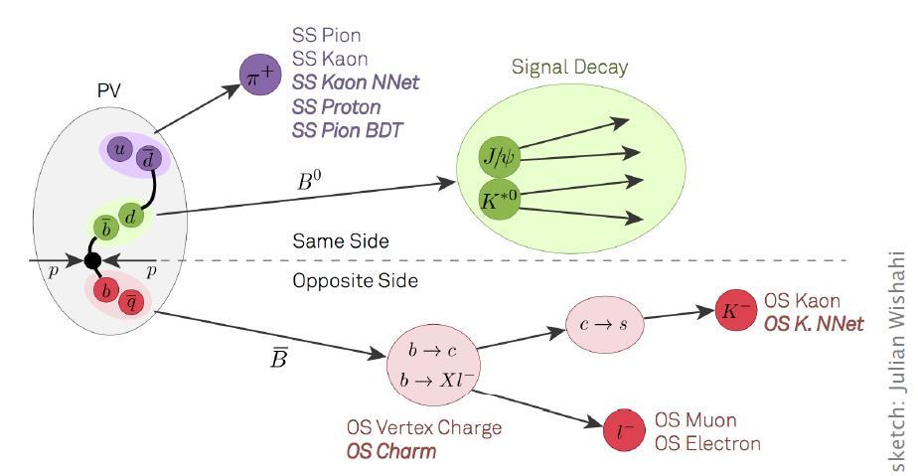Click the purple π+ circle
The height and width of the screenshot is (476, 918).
click(261, 76)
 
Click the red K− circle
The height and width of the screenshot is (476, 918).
click(736, 310)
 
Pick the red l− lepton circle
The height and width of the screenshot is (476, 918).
click(625, 430)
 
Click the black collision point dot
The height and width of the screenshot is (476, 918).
click(92, 261)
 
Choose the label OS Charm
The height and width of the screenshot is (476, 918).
click(390, 451)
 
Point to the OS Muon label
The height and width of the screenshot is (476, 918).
click(695, 420)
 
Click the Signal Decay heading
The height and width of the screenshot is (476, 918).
click(569, 67)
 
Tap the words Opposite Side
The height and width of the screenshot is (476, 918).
click(355, 281)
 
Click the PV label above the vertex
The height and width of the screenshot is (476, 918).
click(108, 90)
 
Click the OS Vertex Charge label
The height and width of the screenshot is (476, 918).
click(424, 428)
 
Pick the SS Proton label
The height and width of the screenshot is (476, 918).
click(336, 106)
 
